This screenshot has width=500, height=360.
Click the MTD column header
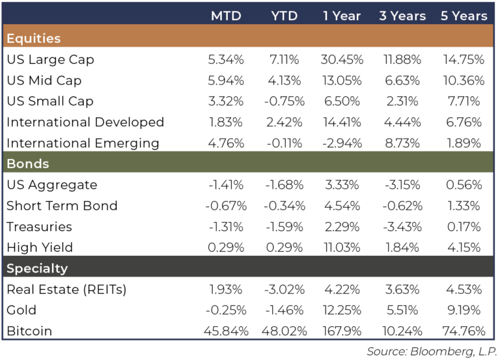[x=227, y=15]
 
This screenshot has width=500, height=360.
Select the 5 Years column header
[x=463, y=15]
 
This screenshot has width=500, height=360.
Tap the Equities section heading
[x=33, y=38]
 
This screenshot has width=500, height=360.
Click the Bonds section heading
[x=28, y=163]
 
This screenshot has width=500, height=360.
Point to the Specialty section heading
[x=37, y=268]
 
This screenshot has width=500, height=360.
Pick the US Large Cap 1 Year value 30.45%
[x=342, y=60]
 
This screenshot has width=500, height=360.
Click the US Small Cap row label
[x=50, y=102]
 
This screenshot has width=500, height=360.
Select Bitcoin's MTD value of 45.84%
[x=227, y=331]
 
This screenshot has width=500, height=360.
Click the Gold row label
[x=21, y=310]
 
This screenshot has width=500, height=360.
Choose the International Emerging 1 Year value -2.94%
[x=342, y=143]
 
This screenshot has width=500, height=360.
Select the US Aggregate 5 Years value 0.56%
[x=463, y=185]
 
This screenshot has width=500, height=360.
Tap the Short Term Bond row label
[x=62, y=206]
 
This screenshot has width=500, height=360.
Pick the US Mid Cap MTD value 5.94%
[x=227, y=81]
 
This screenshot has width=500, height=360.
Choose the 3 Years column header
[x=402, y=15]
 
